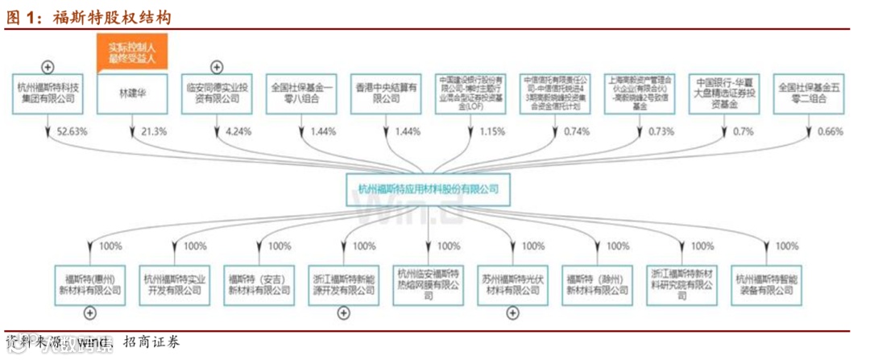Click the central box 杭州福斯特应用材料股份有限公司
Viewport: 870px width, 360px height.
tap(429, 189)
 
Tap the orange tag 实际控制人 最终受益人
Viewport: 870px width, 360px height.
tap(131, 53)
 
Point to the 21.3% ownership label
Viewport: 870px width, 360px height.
tap(152, 131)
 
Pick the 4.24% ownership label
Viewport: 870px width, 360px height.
tap(238, 131)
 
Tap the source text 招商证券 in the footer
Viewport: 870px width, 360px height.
tap(151, 344)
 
